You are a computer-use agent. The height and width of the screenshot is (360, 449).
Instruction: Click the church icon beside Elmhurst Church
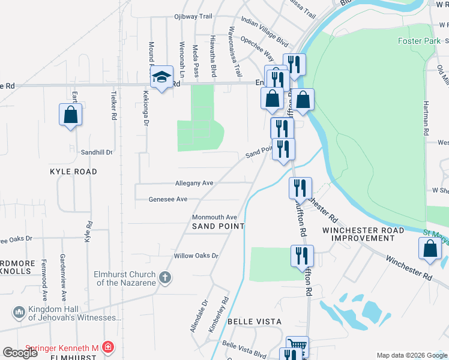coord(165,278)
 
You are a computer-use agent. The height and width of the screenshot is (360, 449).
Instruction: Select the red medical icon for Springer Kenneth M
coord(107,347)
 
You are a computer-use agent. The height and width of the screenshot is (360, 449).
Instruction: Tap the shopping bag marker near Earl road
coord(70,114)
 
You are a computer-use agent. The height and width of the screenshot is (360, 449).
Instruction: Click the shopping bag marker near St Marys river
coord(430,249)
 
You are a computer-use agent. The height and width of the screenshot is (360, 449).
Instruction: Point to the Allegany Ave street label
coord(194,183)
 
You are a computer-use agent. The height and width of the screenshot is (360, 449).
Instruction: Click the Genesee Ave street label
coord(168,199)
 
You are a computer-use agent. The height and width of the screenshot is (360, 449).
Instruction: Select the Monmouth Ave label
coord(214,217)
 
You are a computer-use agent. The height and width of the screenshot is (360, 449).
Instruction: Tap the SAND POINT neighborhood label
coord(218,226)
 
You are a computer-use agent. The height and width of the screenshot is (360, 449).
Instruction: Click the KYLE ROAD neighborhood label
coord(73,172)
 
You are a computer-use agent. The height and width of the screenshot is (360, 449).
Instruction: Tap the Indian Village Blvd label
coord(265,29)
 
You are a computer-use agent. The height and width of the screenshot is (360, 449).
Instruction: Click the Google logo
coord(20,353)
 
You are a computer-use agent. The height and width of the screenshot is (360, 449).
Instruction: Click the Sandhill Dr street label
coord(97,152)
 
